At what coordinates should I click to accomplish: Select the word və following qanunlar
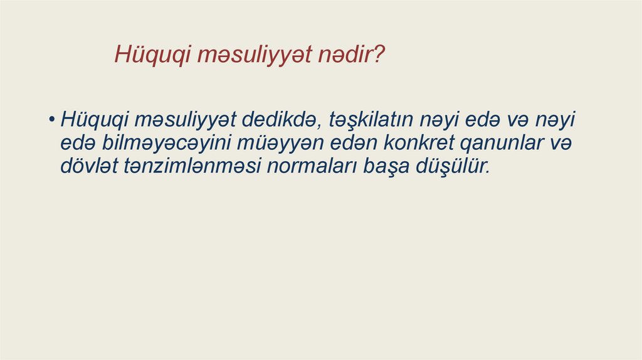tap(562, 143)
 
